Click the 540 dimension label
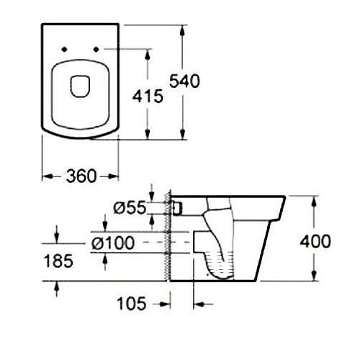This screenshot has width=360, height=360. point(184,81)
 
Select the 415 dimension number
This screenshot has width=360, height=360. point(148,96)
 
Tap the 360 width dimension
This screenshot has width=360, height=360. point(81,176)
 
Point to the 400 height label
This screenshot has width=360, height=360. point(315,241)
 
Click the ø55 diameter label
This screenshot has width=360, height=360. point(130,207)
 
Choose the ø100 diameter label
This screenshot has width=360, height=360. point(113,243)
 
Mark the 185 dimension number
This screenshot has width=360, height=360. point(58,261)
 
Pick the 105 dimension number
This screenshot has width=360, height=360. point(132,303)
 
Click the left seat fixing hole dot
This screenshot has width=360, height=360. point(64,50)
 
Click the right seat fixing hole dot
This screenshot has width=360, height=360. point(96,50)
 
